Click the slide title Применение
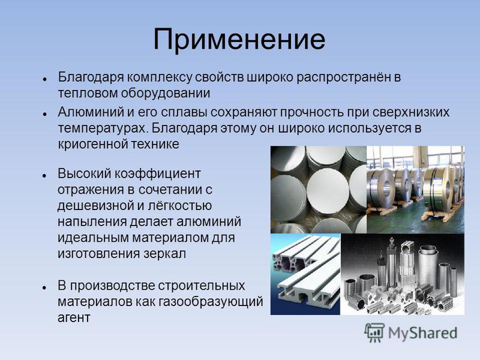coord(239,40)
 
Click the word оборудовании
coord(166,93)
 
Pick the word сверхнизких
coord(411,112)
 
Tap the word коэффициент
coord(157,174)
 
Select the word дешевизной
coord(95,206)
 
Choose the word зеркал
coord(164,254)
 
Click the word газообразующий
coord(211,302)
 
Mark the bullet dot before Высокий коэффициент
coord(44,175)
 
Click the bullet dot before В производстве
coord(44,287)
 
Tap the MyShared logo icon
coord(374,333)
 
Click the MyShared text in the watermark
coord(423,334)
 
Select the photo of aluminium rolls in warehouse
coord(415,190)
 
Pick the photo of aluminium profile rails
coord(305,274)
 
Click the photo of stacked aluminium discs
coord(319,190)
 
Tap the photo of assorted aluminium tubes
coord(402,274)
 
